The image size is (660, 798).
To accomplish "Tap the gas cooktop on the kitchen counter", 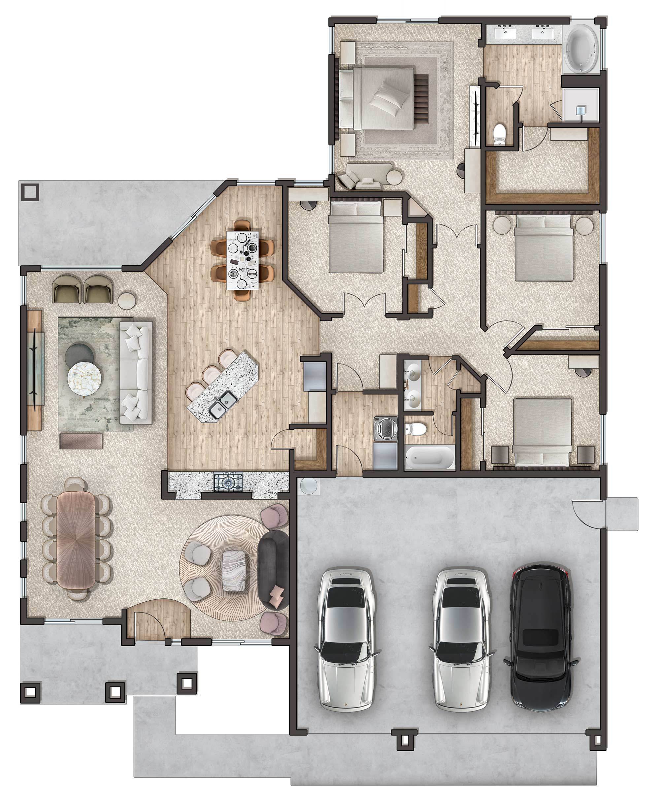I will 228,482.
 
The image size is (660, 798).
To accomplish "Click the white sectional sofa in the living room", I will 135,372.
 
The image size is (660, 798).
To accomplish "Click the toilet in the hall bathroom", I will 416,429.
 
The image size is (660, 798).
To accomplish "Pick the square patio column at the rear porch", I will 30,191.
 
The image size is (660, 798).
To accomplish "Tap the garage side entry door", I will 589,514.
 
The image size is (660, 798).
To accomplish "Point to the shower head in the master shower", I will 580,111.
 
